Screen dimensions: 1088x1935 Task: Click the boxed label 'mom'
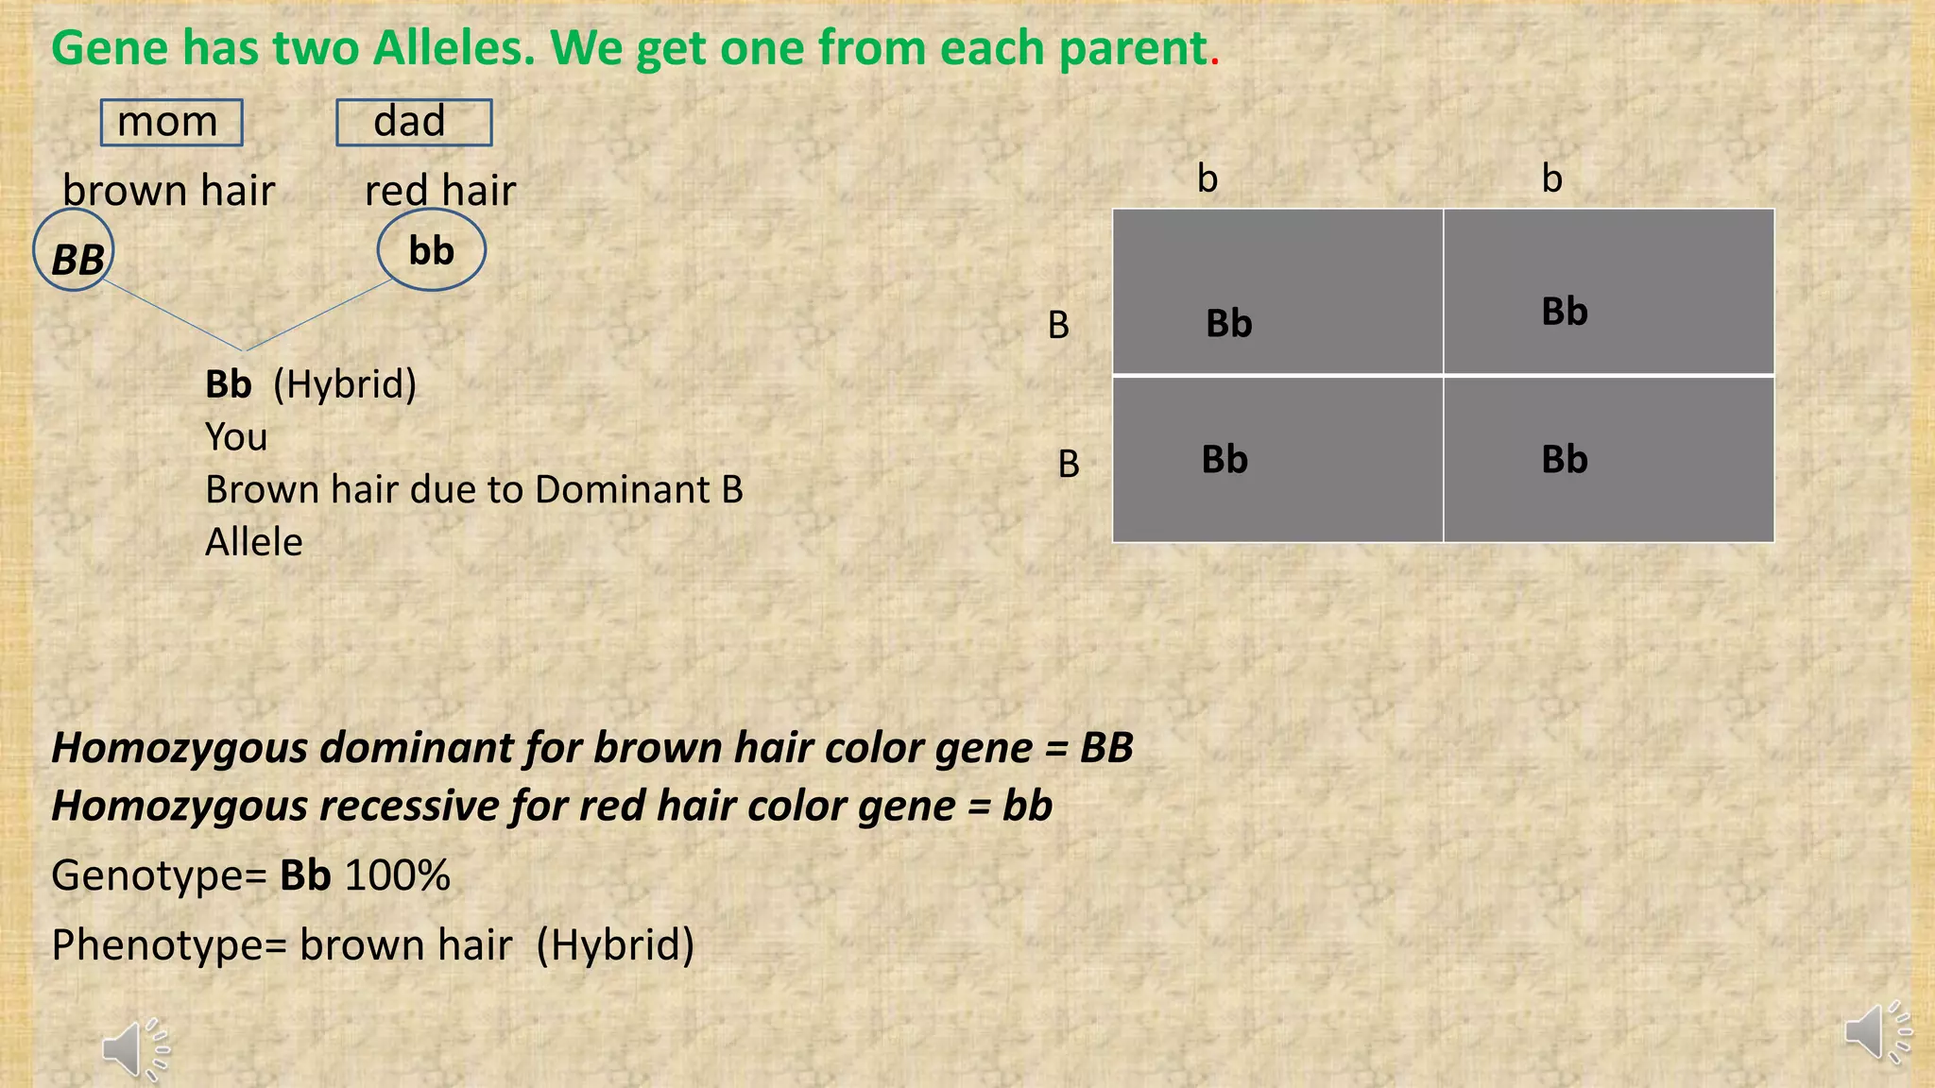click(x=171, y=123)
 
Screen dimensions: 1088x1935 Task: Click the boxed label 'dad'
click(x=414, y=123)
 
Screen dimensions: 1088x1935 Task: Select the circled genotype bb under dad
click(x=432, y=250)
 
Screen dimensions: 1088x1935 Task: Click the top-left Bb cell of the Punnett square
click(x=1277, y=293)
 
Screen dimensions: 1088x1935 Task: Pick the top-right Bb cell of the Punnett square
click(x=1609, y=293)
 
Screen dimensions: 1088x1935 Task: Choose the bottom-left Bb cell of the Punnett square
click(x=1277, y=460)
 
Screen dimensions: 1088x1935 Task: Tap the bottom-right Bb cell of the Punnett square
click(x=1609, y=460)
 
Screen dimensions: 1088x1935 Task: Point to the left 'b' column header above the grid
click(x=1207, y=178)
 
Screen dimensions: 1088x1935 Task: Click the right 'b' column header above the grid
click(x=1551, y=178)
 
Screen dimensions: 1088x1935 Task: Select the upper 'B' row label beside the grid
click(x=1058, y=325)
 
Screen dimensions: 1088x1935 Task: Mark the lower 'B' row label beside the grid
click(x=1068, y=464)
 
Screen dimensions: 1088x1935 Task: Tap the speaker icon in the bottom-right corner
click(x=1876, y=1030)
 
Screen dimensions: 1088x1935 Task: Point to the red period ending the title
click(x=1215, y=62)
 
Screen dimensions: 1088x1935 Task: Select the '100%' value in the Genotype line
click(x=397, y=875)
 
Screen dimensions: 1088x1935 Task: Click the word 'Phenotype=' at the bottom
click(x=169, y=945)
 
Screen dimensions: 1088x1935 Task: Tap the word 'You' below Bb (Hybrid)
click(x=236, y=437)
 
